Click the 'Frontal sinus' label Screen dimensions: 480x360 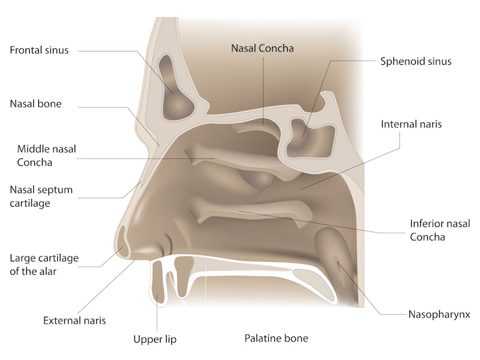coord(39,50)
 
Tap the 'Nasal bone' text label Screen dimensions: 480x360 coord(36,104)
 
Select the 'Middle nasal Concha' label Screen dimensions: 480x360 coord(46,155)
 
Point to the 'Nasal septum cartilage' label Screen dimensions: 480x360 coord(41,197)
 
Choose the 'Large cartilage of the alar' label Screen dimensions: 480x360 coord(44,265)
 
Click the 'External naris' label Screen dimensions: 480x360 coord(74,321)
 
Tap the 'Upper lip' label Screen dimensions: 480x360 coord(155,340)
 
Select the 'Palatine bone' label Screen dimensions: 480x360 coord(276,338)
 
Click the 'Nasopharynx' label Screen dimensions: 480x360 coord(439,315)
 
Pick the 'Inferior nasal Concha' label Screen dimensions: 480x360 coord(440,230)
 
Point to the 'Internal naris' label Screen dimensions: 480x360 coord(411,124)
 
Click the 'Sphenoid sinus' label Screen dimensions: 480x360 coord(416,62)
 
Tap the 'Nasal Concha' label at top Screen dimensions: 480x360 coord(262,48)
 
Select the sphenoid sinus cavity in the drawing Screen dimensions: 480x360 coord(309,137)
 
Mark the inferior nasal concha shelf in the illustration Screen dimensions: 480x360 coord(250,212)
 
